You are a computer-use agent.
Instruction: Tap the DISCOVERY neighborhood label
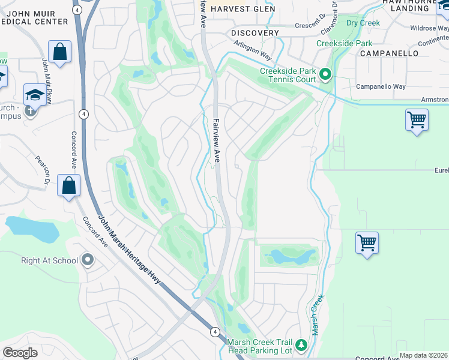(x=255, y=33)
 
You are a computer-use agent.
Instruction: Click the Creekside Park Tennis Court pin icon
(x=325, y=75)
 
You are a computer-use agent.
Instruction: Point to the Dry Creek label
(x=364, y=23)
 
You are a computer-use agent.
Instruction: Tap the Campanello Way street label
(x=381, y=86)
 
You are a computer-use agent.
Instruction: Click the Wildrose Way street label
(x=427, y=28)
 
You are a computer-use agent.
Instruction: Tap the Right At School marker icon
(x=88, y=260)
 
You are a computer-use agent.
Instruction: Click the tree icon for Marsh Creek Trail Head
(x=301, y=345)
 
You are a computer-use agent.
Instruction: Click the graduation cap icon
(x=34, y=95)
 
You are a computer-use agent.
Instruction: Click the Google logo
(x=20, y=353)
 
